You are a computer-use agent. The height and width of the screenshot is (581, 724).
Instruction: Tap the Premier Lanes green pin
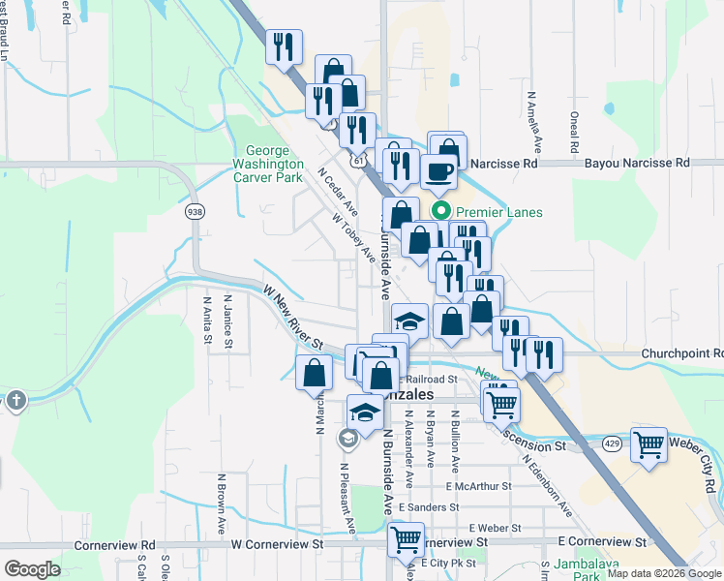(441, 211)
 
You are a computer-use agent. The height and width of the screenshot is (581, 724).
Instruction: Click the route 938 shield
(196, 211)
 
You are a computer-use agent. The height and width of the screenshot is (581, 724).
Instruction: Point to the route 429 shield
(612, 443)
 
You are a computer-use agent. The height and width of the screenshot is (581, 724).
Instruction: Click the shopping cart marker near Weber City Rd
(649, 446)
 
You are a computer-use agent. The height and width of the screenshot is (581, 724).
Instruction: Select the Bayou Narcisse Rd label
(638, 163)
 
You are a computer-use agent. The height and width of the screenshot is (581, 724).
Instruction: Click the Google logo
(32, 568)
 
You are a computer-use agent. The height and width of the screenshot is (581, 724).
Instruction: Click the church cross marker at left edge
(15, 400)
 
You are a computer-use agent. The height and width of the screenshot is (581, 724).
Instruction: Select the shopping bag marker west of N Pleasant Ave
(314, 374)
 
